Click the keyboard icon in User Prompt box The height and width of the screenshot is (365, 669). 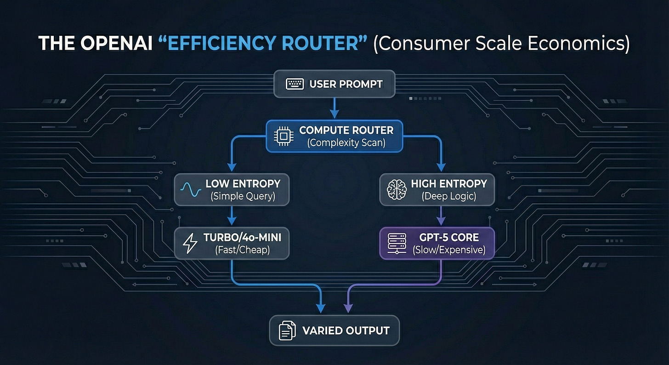[295, 84]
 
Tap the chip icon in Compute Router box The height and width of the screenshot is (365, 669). [282, 137]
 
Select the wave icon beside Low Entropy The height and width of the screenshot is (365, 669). [189, 189]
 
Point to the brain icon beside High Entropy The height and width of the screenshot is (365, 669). [395, 189]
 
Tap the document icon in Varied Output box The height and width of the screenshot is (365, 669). [287, 331]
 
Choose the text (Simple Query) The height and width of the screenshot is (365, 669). [243, 196]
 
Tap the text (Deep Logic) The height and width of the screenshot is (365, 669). [448, 196]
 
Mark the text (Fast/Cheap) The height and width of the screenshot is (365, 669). [243, 251]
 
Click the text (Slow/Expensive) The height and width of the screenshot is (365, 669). [448, 251]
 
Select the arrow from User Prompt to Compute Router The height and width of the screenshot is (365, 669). [334, 109]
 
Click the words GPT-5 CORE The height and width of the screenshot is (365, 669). [448, 238]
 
